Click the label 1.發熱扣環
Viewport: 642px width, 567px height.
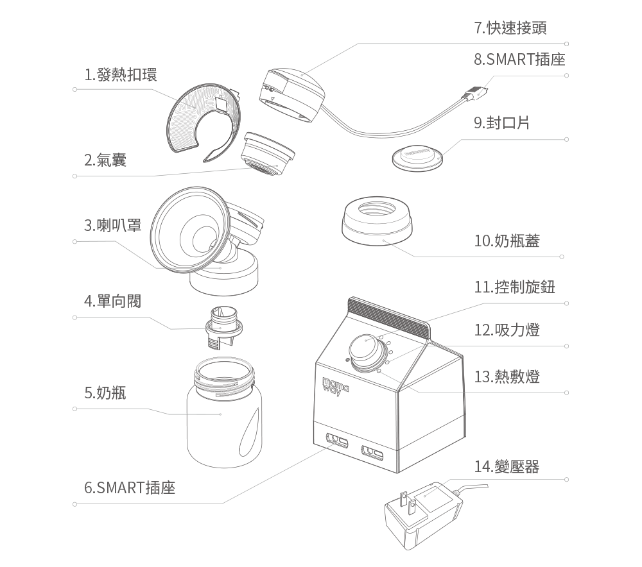pos(121,74)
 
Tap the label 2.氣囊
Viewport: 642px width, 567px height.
pos(105,160)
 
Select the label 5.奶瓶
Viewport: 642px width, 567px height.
pos(105,392)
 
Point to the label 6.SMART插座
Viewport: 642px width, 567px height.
pos(130,487)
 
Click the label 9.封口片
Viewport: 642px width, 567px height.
pos(502,123)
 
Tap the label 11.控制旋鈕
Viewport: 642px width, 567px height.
pos(515,287)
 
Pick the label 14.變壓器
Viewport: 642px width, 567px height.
pos(507,466)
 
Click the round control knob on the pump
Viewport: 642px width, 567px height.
pos(363,349)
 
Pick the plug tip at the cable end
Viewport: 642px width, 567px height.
pos(478,94)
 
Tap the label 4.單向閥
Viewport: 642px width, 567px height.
pos(112,301)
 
